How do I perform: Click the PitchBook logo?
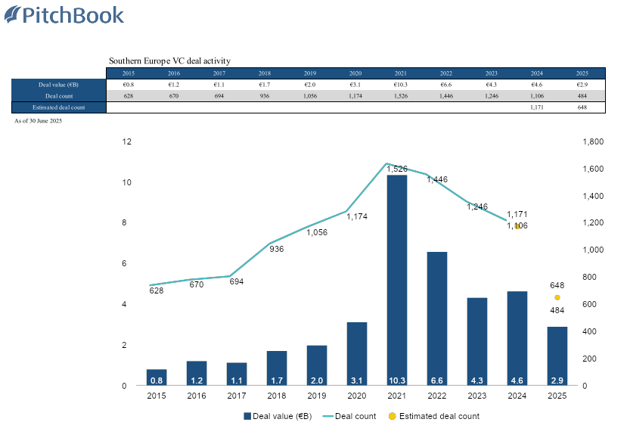[x=64, y=16]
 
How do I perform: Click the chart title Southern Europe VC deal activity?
[x=169, y=61]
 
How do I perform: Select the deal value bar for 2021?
[x=397, y=280]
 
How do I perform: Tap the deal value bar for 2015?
[x=157, y=377]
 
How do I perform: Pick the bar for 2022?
[x=437, y=318]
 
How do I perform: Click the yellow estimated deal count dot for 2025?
[x=557, y=297]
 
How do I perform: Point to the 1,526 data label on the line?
[x=397, y=169]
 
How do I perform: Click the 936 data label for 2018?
[x=277, y=249]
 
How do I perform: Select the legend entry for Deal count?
[x=350, y=416]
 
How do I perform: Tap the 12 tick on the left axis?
[x=127, y=141]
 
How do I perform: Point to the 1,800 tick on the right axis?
[x=592, y=141]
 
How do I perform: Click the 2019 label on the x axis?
[x=317, y=396]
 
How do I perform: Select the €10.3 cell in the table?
[x=401, y=84]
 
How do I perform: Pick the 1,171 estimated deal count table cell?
[x=537, y=108]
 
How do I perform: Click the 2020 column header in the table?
[x=355, y=73]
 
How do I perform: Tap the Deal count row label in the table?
[x=59, y=96]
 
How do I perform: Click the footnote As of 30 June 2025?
[x=38, y=121]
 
